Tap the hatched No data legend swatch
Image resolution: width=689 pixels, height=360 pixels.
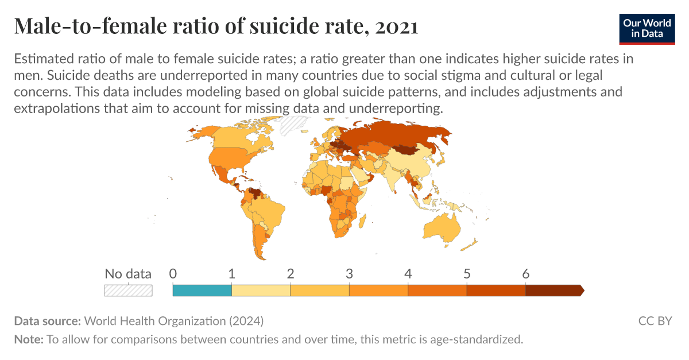click(128, 290)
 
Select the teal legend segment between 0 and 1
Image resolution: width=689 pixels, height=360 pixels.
click(202, 290)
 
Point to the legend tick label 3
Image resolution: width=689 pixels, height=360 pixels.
click(349, 274)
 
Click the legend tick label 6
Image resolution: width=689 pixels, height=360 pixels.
click(525, 274)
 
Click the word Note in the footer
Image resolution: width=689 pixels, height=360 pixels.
click(28, 339)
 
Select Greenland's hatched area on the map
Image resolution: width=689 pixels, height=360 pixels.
click(294, 125)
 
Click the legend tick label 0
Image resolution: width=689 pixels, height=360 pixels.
click(173, 274)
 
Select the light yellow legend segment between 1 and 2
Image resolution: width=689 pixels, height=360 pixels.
click(261, 290)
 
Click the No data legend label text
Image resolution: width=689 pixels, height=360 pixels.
click(128, 274)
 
